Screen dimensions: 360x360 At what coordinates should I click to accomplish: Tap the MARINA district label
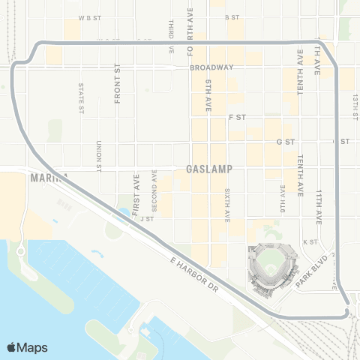49,178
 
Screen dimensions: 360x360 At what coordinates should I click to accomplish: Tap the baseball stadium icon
271,266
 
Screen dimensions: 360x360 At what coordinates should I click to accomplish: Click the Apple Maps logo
27,347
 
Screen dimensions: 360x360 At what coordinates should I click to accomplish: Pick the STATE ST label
81,97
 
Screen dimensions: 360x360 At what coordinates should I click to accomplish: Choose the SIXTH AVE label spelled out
226,205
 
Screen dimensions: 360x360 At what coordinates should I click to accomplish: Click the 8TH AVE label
283,197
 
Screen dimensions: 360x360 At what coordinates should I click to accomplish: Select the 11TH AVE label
319,207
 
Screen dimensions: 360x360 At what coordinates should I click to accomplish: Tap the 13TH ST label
355,105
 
